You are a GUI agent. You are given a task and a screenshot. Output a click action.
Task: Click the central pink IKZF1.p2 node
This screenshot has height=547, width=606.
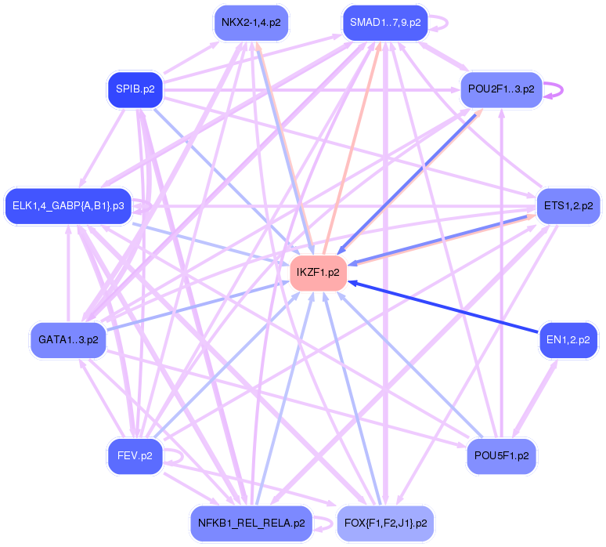(318, 273)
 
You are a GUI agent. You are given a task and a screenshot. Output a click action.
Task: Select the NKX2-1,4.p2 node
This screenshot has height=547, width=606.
(251, 23)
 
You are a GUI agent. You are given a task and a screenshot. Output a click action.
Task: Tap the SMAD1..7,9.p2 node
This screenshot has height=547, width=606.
(385, 23)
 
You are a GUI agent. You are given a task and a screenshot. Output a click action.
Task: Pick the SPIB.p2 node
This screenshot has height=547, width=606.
(135, 89)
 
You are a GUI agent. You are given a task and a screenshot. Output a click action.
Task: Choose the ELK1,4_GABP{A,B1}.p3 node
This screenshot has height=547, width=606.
(67, 206)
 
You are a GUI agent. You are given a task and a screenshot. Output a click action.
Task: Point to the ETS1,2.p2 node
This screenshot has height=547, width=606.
(568, 206)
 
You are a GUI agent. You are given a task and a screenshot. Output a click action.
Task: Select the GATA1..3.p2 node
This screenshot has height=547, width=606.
(68, 339)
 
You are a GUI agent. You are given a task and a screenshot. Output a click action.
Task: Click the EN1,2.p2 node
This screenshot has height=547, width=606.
(568, 339)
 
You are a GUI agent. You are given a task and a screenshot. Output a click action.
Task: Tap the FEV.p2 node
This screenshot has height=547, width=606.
(135, 455)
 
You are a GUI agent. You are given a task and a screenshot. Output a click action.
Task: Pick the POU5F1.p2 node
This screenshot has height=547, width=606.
(501, 455)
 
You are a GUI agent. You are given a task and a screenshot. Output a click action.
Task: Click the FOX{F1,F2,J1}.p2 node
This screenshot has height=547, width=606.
(385, 522)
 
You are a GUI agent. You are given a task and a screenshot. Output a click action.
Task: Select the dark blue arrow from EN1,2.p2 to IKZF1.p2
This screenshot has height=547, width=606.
(446, 308)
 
